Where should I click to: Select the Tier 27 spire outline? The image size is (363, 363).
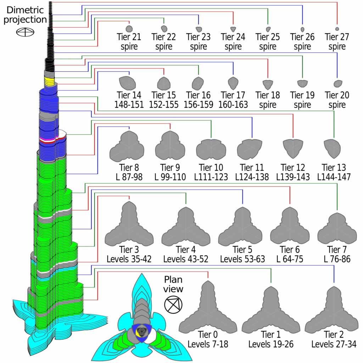337,28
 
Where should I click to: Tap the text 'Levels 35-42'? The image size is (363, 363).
129,259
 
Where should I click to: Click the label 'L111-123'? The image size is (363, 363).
211,177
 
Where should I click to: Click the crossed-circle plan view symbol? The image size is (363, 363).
173,304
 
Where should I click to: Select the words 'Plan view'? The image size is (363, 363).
173,284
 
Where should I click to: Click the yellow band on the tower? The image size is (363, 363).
49,81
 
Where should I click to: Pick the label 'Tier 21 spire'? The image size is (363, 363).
129,41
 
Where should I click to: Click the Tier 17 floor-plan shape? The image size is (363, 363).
233,83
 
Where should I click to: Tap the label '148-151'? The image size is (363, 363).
129,105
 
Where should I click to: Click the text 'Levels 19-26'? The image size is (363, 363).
271,344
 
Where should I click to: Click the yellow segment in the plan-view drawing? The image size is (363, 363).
137,334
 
